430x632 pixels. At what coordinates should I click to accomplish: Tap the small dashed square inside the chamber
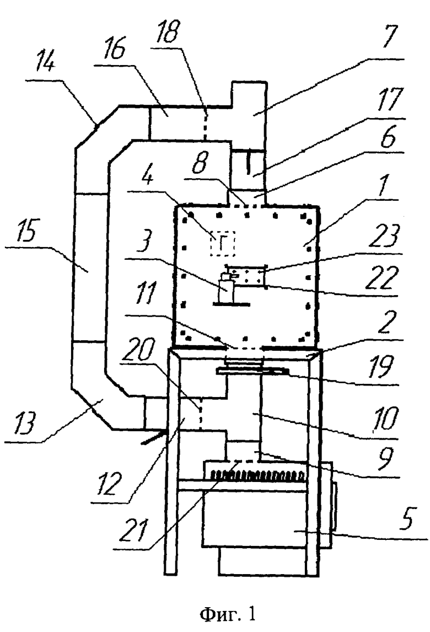[x=222, y=243]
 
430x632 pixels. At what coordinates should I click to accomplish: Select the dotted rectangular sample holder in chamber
[x=246, y=276]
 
